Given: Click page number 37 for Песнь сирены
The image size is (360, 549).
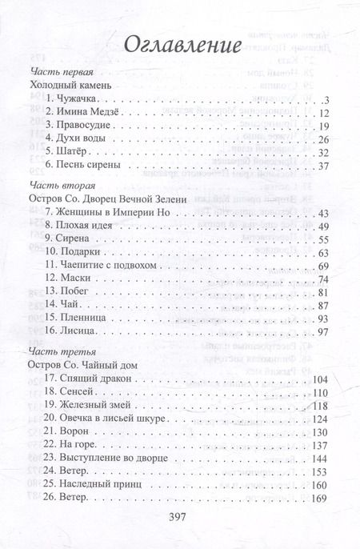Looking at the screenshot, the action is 322,166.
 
